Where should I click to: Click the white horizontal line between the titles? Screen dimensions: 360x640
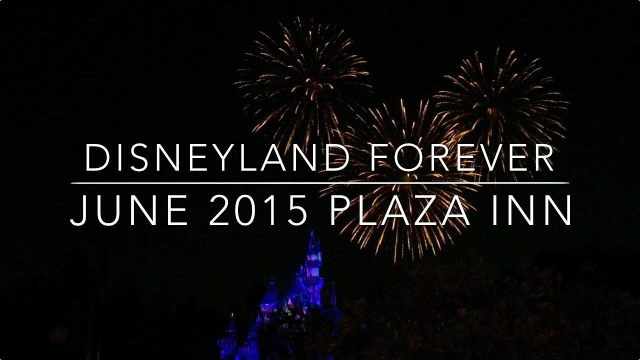click(x=320, y=183)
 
